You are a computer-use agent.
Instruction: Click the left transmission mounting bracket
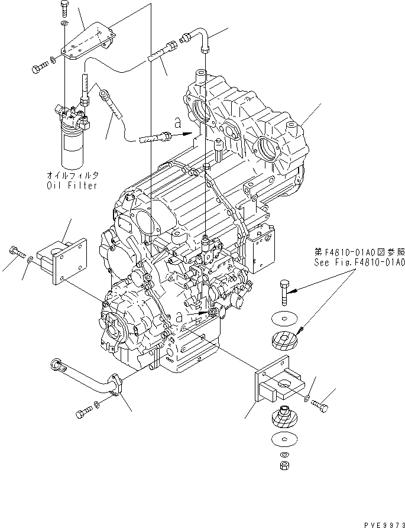[61, 261]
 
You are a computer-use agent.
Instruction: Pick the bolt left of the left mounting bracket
[15, 251]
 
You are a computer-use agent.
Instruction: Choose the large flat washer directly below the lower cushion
[284, 439]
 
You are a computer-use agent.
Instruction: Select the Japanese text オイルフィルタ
[73, 176]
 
